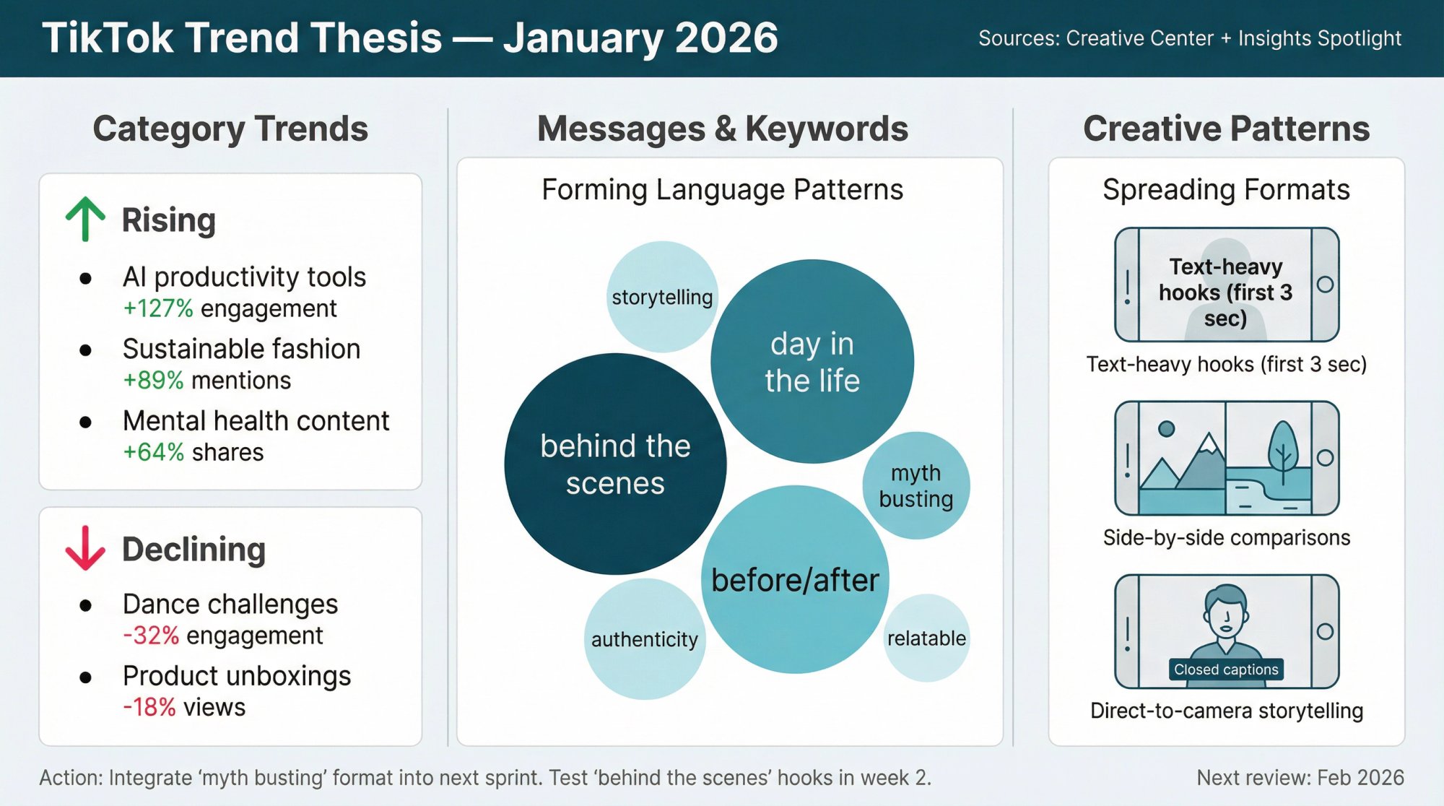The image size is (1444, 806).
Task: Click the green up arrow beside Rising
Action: (x=85, y=218)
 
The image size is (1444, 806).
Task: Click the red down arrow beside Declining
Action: (x=85, y=548)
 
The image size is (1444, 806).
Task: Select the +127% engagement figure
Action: (x=158, y=308)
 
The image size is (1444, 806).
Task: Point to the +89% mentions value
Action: (x=153, y=380)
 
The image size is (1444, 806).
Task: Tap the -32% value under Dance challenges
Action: (x=151, y=636)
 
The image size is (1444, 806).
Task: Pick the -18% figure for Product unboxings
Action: (x=149, y=707)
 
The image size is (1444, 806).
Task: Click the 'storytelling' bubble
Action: (x=662, y=297)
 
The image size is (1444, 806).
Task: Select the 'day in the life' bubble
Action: (x=812, y=362)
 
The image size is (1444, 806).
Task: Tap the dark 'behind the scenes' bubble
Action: (x=615, y=464)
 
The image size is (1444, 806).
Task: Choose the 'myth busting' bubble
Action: (x=916, y=485)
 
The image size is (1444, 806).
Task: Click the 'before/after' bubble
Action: (x=795, y=580)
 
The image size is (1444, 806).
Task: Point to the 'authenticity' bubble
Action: (x=645, y=639)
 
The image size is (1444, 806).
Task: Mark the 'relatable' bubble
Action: (x=926, y=638)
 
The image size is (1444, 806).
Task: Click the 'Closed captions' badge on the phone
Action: (x=1226, y=669)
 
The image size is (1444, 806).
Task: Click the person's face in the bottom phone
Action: (x=1226, y=614)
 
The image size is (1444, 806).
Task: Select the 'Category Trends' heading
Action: (x=230, y=129)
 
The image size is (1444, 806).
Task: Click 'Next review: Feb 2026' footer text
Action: (x=1300, y=778)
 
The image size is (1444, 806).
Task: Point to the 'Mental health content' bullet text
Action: (x=256, y=421)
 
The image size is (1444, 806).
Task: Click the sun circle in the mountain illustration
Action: (x=1166, y=429)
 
